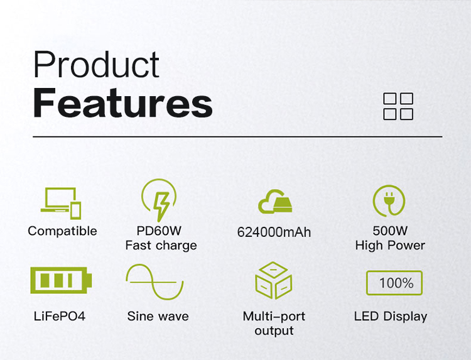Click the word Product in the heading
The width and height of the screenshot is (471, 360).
pyautogui.click(x=96, y=65)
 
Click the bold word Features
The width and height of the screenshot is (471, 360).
pyautogui.click(x=123, y=102)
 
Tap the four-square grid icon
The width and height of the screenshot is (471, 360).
pyautogui.click(x=398, y=106)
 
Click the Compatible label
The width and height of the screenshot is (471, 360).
pyautogui.click(x=62, y=231)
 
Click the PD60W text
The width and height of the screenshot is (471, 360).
pyautogui.click(x=159, y=231)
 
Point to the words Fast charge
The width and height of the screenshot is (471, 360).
pyautogui.click(x=161, y=246)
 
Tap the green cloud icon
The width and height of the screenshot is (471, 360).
pyautogui.click(x=275, y=201)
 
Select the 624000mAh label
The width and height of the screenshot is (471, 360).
pyautogui.click(x=274, y=232)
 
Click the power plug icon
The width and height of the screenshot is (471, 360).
pyautogui.click(x=389, y=200)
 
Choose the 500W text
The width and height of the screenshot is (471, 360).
pyautogui.click(x=390, y=231)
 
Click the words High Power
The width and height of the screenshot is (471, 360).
pyautogui.click(x=390, y=246)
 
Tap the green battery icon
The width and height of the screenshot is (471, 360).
pyautogui.click(x=61, y=280)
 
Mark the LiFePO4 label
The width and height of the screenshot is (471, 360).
pyautogui.click(x=60, y=316)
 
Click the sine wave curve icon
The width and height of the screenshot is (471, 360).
pyautogui.click(x=154, y=282)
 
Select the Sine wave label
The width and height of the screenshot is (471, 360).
pyautogui.click(x=158, y=316)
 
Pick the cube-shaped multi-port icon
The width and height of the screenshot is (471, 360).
pyautogui.click(x=273, y=280)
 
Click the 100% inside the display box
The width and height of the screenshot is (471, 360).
pyautogui.click(x=396, y=283)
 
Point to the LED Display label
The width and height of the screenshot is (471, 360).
pyautogui.click(x=391, y=317)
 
